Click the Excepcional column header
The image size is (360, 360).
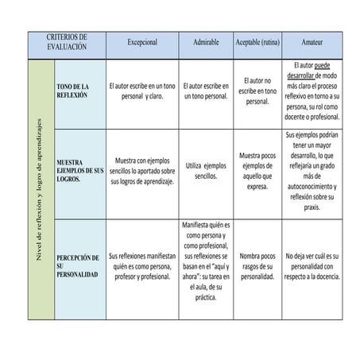pyautogui.click(x=142, y=41)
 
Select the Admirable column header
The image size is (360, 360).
pyautogui.click(x=206, y=41)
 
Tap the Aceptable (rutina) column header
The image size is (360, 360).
pyautogui.click(x=257, y=41)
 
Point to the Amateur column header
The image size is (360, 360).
pyautogui.click(x=312, y=41)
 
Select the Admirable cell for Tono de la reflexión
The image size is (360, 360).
pyautogui.click(x=206, y=91)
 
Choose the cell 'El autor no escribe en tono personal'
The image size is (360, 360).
pyautogui.click(x=257, y=91)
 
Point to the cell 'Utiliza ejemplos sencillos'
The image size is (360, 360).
pyautogui.click(x=206, y=170)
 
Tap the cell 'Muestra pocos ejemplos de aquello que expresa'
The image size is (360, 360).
pyautogui.click(x=257, y=170)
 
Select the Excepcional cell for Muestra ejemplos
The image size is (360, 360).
pyautogui.click(x=142, y=170)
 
